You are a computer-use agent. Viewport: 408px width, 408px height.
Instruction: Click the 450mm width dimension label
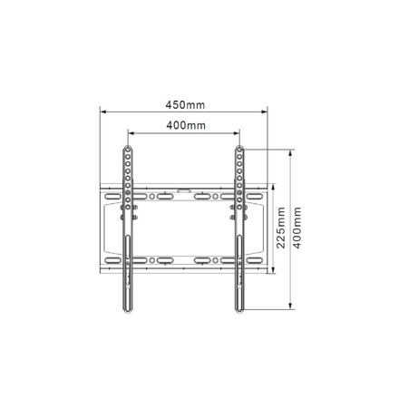184,104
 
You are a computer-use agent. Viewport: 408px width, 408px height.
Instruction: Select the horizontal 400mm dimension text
185,125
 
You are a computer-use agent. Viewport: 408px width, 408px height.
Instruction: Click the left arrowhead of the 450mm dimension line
102,112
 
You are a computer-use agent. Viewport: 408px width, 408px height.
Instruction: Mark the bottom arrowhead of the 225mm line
274,270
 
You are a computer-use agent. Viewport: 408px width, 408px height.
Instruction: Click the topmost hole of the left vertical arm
128,151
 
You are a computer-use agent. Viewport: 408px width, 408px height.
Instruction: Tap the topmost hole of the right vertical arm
239,151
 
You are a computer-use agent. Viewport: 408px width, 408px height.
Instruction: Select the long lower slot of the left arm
128,272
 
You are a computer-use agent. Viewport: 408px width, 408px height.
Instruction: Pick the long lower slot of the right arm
239,272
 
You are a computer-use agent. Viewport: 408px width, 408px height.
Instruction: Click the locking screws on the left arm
128,214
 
